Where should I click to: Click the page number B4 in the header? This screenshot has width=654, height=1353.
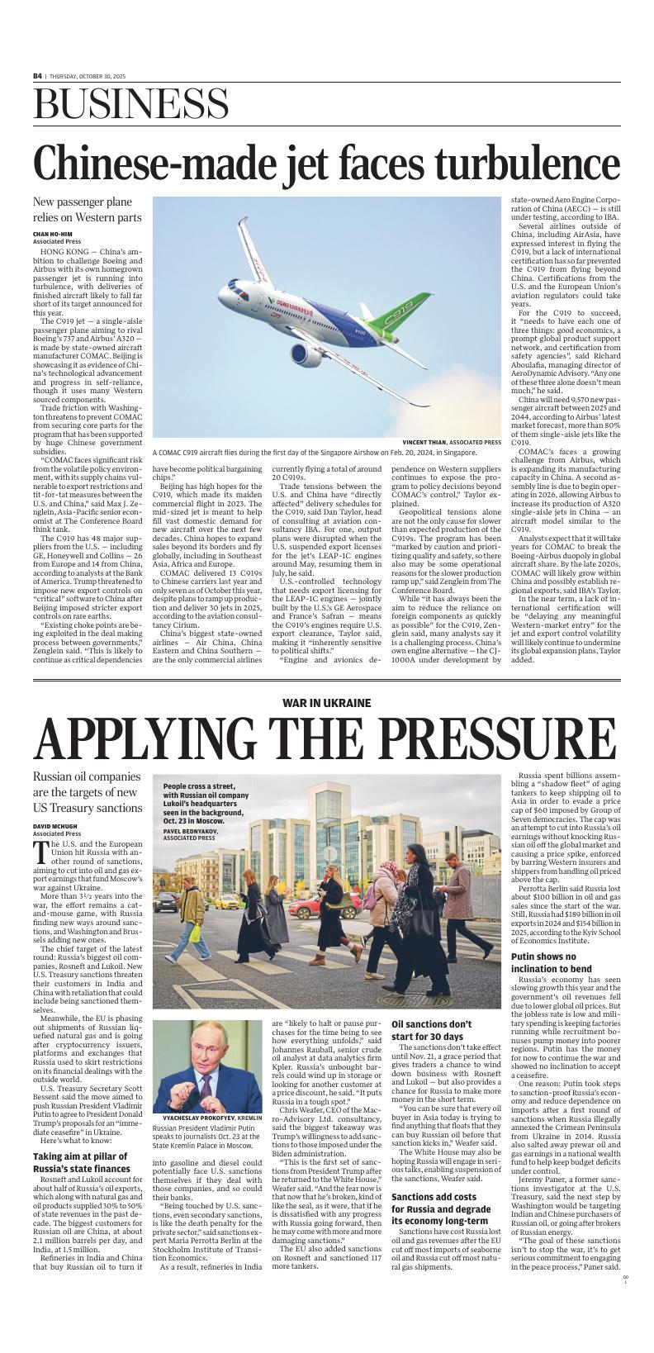37,76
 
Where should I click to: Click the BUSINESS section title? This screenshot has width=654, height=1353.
120,106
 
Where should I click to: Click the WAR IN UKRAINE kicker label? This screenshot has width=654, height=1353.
326,703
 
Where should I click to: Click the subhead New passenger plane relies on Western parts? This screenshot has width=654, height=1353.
87,210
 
